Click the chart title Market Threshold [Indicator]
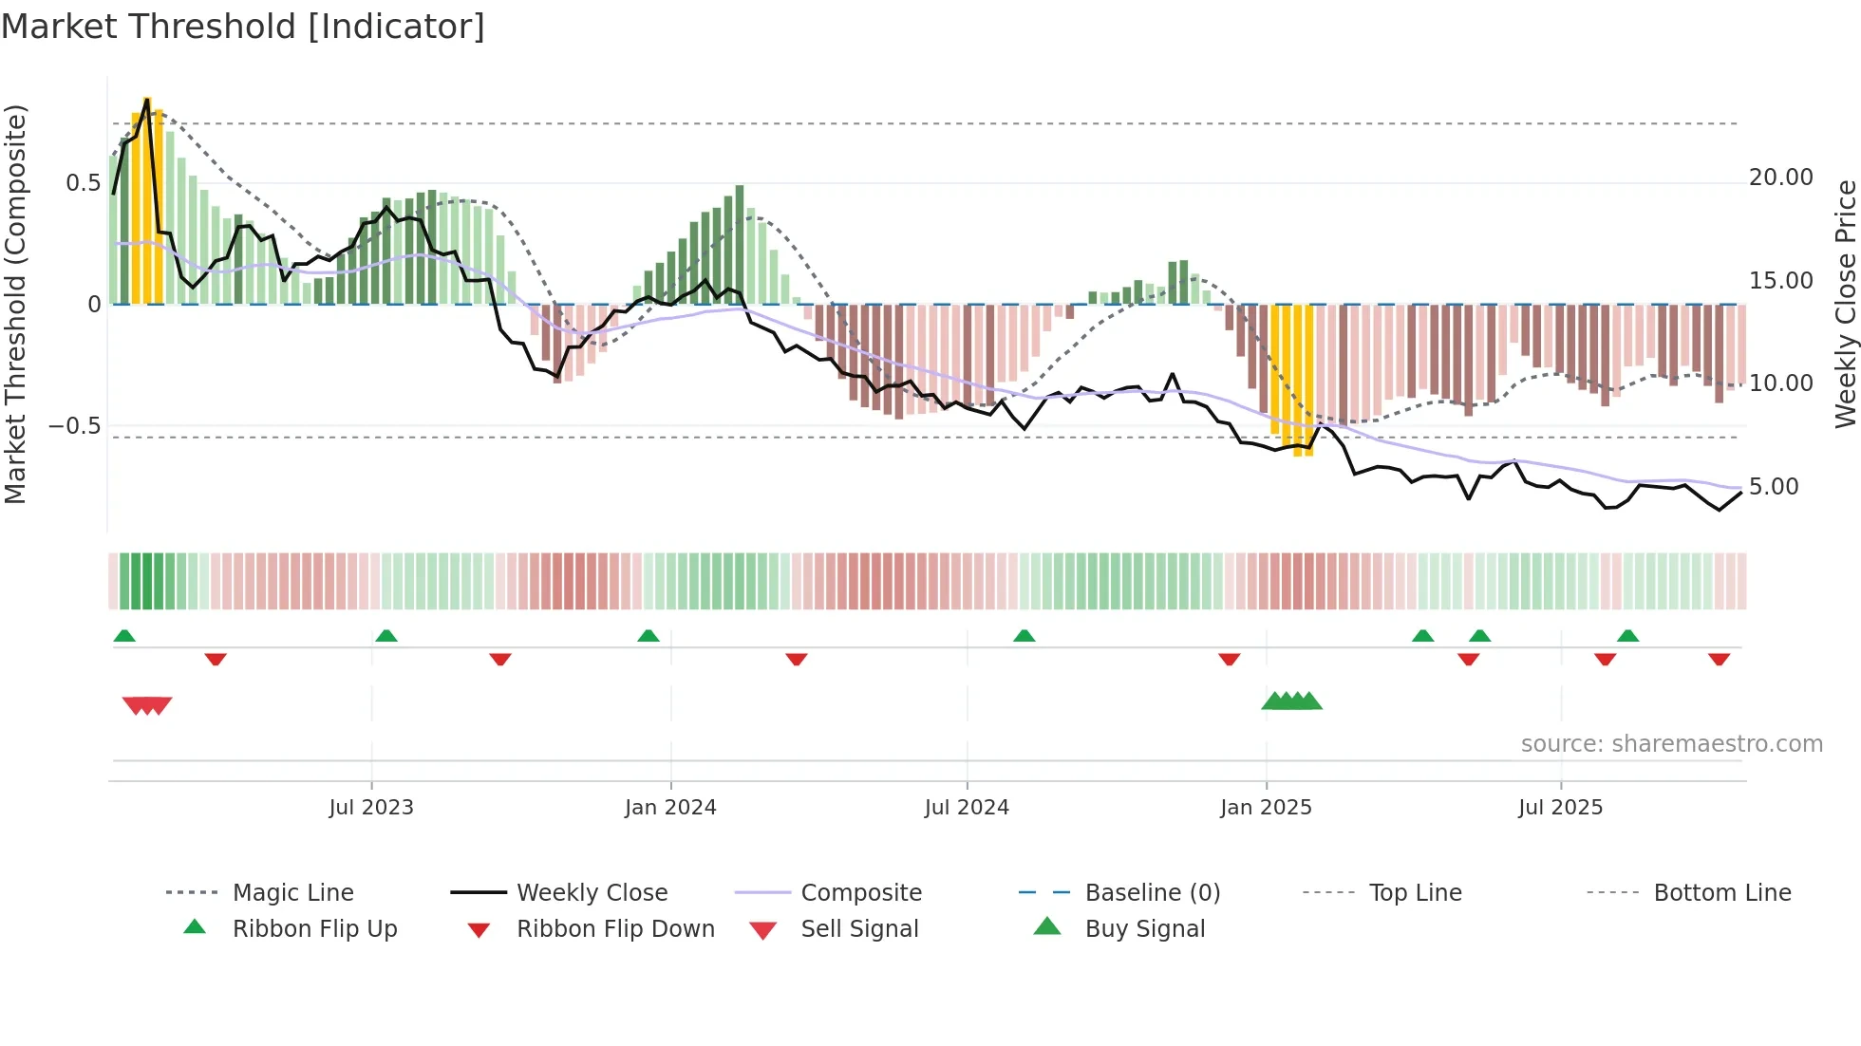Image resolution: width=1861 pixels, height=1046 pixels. pos(243,27)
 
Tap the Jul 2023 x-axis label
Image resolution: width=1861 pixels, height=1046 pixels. pos(370,808)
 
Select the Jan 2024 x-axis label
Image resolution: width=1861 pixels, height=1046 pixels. pos(670,808)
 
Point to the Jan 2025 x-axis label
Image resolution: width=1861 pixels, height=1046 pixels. pos(1266,808)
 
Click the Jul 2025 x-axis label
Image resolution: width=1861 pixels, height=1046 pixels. pos(1560,808)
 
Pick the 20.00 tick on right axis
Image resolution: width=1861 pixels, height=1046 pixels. pos(1780,177)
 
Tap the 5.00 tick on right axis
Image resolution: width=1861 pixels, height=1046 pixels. pos(1773,487)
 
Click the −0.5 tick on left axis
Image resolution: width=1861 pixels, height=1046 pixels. pos(74,426)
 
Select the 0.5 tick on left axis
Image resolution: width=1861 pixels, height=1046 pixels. pos(83,183)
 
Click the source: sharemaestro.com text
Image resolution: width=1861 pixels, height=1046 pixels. pos(1671,744)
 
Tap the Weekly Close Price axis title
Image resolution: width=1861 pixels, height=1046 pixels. pos(1845,304)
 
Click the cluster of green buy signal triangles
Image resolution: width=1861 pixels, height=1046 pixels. pos(1291,701)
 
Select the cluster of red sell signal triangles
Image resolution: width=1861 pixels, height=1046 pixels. pos(147,705)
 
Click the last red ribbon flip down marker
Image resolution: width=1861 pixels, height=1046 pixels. pos(1719,659)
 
